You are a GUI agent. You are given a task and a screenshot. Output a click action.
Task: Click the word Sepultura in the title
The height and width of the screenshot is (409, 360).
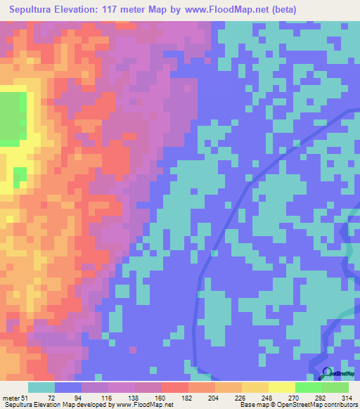(35, 9)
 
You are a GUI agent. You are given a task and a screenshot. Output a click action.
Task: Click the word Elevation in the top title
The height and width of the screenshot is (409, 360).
(93, 9)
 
